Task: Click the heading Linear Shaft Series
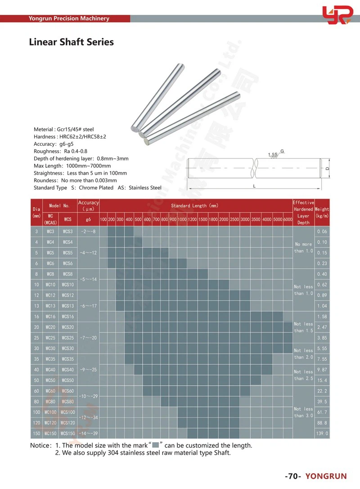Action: coord(71,42)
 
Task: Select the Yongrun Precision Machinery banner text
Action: coord(69,18)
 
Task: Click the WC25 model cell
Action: coord(50,338)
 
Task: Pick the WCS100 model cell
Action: coord(67,412)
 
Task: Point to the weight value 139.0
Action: coord(322,434)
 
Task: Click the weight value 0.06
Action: coord(322,232)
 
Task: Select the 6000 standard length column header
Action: coord(288,219)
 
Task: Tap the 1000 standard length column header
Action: coord(182,219)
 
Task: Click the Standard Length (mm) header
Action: coord(195,206)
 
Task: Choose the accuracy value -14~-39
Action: coord(89,434)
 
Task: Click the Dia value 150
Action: coord(36,434)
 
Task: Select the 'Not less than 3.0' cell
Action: coord(303,412)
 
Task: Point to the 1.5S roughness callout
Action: coord(273,155)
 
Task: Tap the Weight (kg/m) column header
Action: coord(322,212)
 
